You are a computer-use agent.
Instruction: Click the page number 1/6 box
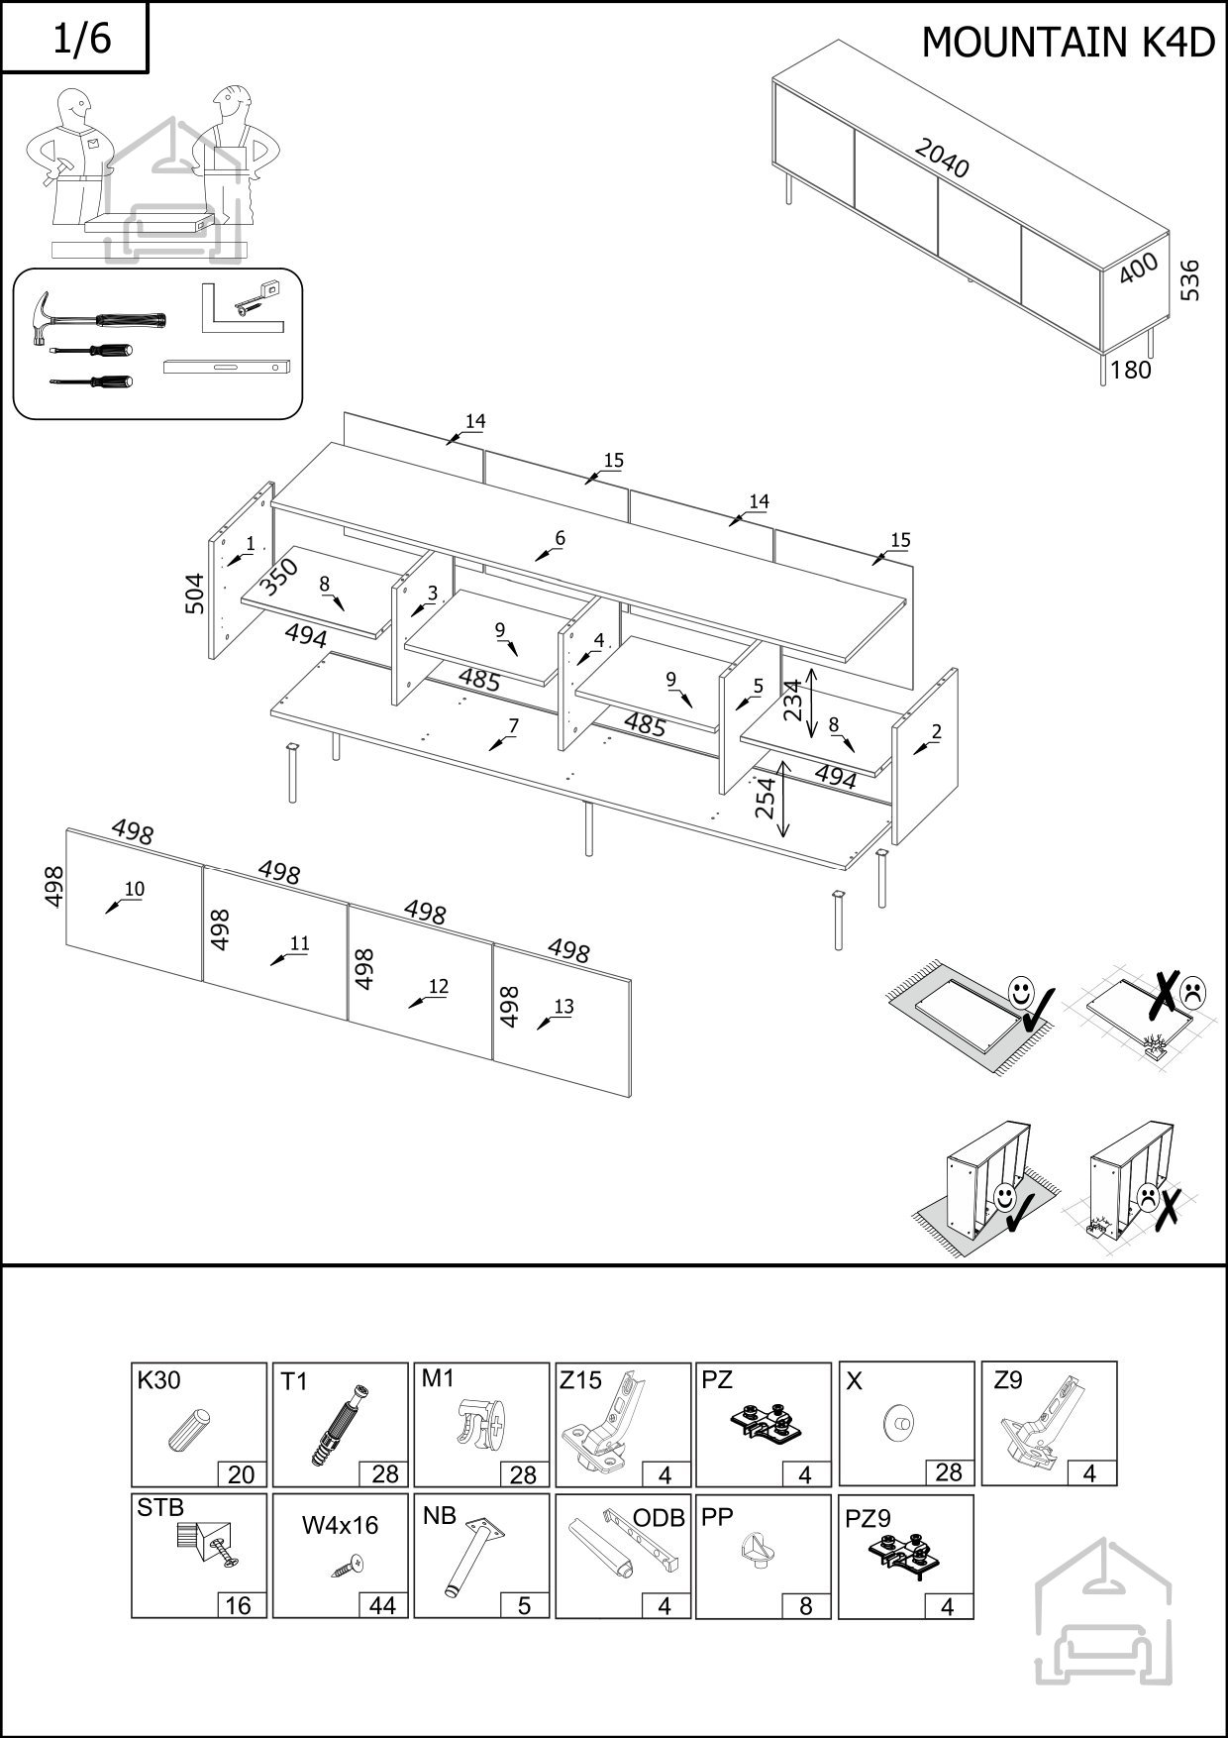point(75,38)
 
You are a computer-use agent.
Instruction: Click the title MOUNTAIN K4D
point(1068,43)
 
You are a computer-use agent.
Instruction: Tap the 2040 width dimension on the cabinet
point(941,159)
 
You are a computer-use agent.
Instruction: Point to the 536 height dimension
point(1190,281)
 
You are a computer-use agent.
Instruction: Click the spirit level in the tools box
point(227,366)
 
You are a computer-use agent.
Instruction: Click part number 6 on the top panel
point(560,538)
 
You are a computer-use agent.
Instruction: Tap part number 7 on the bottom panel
point(513,726)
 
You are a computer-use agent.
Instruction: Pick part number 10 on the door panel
point(134,889)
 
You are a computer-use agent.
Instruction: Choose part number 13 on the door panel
point(563,1007)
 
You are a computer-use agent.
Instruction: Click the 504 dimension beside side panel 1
point(195,594)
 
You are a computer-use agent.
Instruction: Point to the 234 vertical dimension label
point(792,701)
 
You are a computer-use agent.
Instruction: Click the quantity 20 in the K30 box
point(242,1474)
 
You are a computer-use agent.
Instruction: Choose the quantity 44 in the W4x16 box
point(382,1605)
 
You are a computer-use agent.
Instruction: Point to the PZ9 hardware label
point(869,1517)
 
